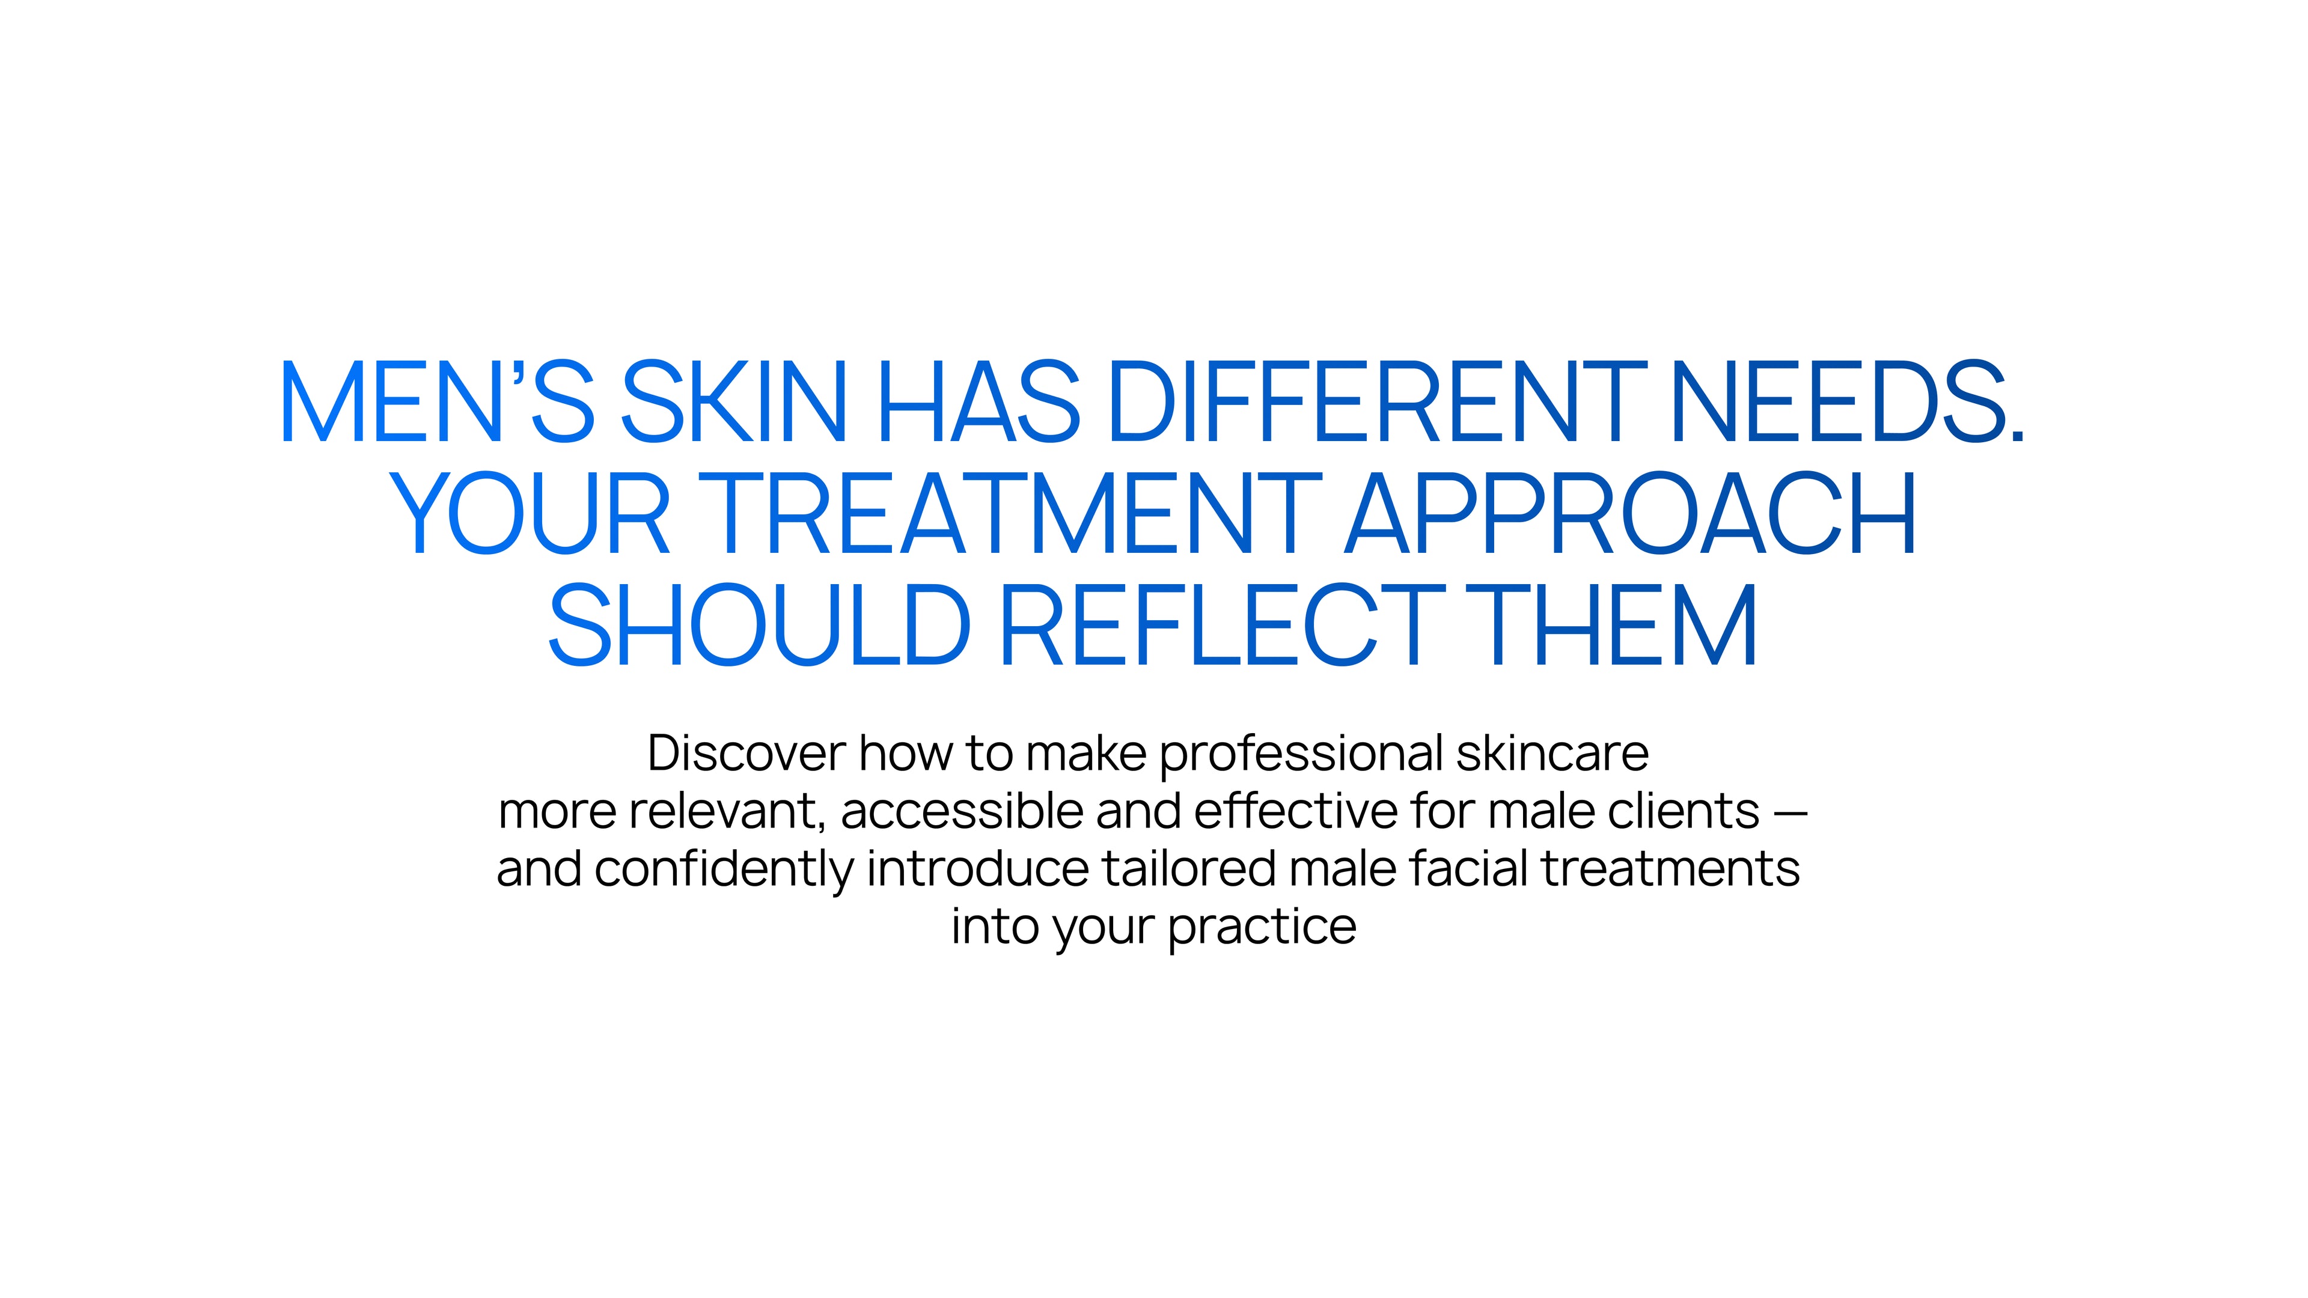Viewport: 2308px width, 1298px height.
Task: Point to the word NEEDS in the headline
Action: (x=1846, y=401)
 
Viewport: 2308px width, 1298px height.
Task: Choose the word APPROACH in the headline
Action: (x=1631, y=513)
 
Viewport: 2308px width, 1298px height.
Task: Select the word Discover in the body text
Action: (x=746, y=754)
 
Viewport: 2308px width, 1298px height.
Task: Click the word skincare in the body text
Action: (x=1552, y=754)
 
